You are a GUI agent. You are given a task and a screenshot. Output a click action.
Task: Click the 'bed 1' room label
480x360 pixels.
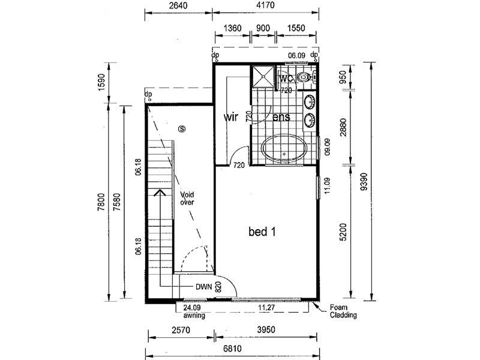click(x=262, y=232)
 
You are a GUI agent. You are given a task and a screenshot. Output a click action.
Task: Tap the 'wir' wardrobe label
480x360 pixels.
click(x=230, y=117)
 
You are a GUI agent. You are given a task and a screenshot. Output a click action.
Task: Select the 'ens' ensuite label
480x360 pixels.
click(x=281, y=117)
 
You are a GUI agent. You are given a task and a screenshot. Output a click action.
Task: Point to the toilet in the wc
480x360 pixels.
click(x=306, y=77)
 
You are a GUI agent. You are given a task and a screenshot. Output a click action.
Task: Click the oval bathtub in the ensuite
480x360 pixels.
click(x=284, y=148)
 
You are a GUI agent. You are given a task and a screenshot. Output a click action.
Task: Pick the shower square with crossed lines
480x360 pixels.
click(x=262, y=76)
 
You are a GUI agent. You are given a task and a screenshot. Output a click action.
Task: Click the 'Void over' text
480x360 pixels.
click(x=187, y=198)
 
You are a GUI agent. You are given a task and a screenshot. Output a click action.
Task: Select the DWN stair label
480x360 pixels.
click(x=203, y=287)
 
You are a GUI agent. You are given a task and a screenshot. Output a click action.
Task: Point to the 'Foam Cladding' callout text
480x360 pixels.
click(x=343, y=311)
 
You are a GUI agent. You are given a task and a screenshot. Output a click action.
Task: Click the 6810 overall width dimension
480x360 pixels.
click(x=232, y=349)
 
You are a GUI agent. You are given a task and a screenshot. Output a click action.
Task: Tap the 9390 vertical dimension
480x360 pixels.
click(x=364, y=182)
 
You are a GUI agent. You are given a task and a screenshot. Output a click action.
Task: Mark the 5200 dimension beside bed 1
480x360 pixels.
click(x=343, y=232)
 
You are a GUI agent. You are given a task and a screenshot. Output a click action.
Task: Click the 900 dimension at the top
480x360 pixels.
click(x=263, y=28)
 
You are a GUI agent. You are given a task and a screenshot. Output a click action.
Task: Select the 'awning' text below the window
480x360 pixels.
click(x=194, y=315)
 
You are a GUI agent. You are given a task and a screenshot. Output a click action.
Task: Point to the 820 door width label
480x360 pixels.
click(x=218, y=287)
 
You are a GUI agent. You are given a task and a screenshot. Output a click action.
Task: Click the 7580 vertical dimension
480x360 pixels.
click(x=116, y=202)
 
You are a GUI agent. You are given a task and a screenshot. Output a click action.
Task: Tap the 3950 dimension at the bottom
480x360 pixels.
click(x=266, y=329)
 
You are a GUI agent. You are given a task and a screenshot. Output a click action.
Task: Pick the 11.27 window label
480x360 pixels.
click(x=266, y=307)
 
